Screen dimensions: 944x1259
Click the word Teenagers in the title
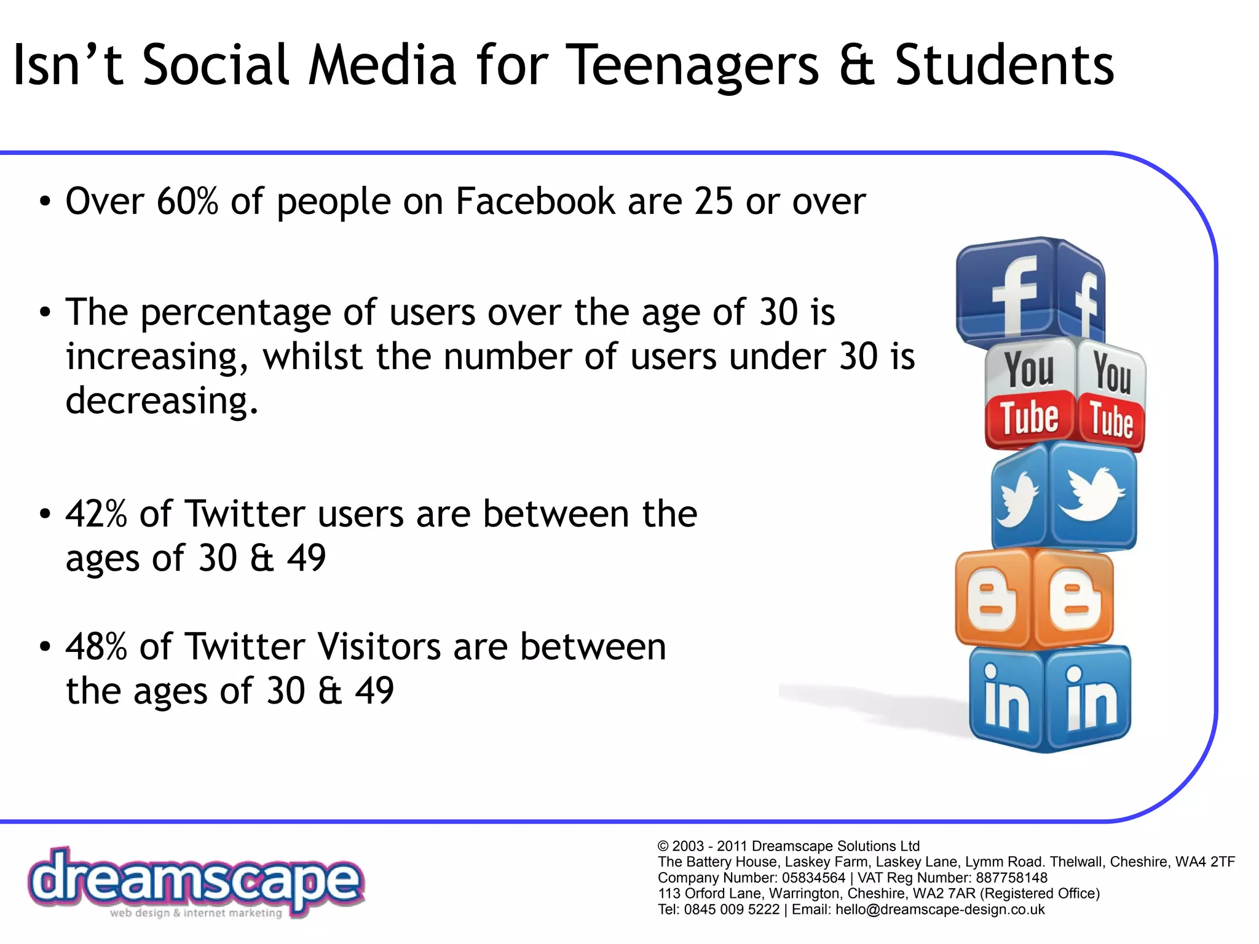pyautogui.click(x=695, y=65)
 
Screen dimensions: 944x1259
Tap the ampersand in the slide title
pyautogui.click(x=857, y=65)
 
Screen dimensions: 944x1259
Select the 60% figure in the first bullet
pyautogui.click(x=187, y=201)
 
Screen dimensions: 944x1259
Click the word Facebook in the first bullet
pyautogui.click(x=535, y=201)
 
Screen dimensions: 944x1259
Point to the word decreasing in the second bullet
pyautogui.click(x=162, y=401)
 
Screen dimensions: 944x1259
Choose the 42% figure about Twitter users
pyautogui.click(x=96, y=514)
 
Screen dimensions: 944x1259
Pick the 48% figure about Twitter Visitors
pyautogui.click(x=96, y=647)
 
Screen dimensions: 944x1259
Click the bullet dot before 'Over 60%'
pyautogui.click(x=44, y=202)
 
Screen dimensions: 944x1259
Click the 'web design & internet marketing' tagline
pyautogui.click(x=195, y=913)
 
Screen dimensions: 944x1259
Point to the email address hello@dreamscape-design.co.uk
pyautogui.click(x=940, y=910)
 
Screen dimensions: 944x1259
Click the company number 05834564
pyautogui.click(x=813, y=878)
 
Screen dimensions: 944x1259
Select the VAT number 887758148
pyautogui.click(x=1011, y=878)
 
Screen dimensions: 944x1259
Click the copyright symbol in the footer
pyautogui.click(x=663, y=846)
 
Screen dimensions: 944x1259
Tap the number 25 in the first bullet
pyautogui.click(x=713, y=201)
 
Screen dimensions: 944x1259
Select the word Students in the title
pyautogui.click(x=1004, y=65)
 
